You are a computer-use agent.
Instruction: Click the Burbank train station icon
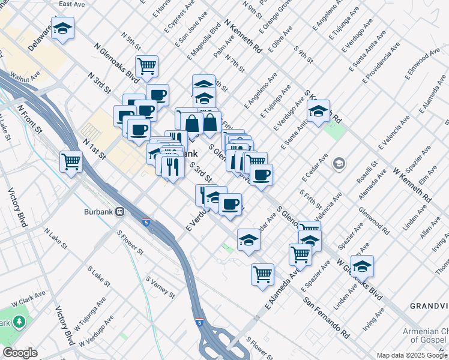(x=121, y=211)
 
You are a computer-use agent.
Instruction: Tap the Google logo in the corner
(x=20, y=353)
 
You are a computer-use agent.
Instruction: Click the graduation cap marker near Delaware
(x=62, y=28)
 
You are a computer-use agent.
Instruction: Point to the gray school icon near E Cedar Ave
(x=339, y=163)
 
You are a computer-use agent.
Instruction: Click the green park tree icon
(x=20, y=322)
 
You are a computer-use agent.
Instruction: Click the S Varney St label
(x=160, y=287)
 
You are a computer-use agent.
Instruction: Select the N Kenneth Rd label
(x=243, y=36)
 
